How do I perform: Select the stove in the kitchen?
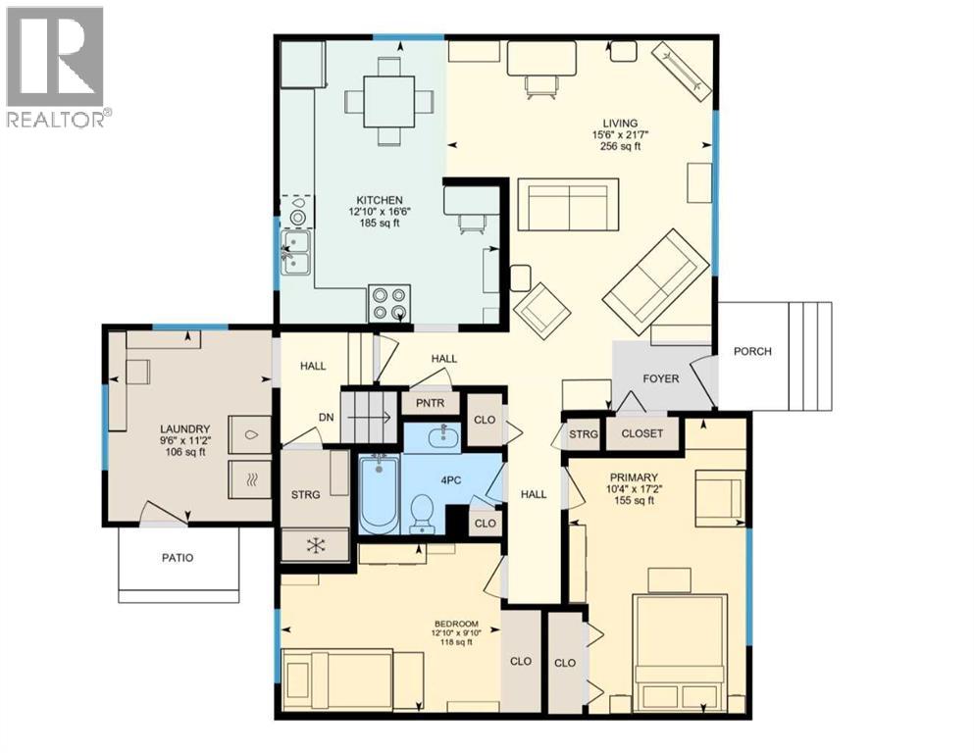pyautogui.click(x=387, y=302)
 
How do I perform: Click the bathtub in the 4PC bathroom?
pyautogui.click(x=377, y=494)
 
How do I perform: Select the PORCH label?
pyautogui.click(x=752, y=351)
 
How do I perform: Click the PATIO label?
pyautogui.click(x=178, y=558)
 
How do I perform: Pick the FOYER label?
pyautogui.click(x=661, y=378)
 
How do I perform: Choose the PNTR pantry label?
pyautogui.click(x=430, y=403)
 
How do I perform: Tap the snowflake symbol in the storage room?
pyautogui.click(x=316, y=544)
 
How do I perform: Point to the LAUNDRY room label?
pyautogui.click(x=185, y=428)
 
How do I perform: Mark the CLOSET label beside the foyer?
pyautogui.click(x=641, y=433)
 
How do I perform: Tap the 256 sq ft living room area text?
pyautogui.click(x=620, y=146)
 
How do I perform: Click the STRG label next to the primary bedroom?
pyautogui.click(x=583, y=433)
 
